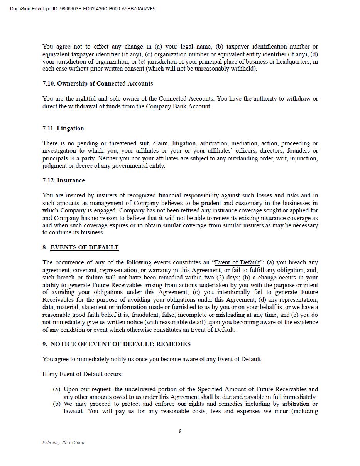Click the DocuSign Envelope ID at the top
83,9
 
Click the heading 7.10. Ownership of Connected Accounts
98,84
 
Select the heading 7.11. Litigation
63,128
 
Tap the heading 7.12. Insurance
64,180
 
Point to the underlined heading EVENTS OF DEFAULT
85,247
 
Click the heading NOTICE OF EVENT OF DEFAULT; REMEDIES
120,344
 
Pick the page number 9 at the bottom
180,431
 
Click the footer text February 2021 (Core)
63,442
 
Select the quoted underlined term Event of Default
237,263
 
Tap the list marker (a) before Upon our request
56,389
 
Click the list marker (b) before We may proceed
57,404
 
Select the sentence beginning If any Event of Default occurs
82,374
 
